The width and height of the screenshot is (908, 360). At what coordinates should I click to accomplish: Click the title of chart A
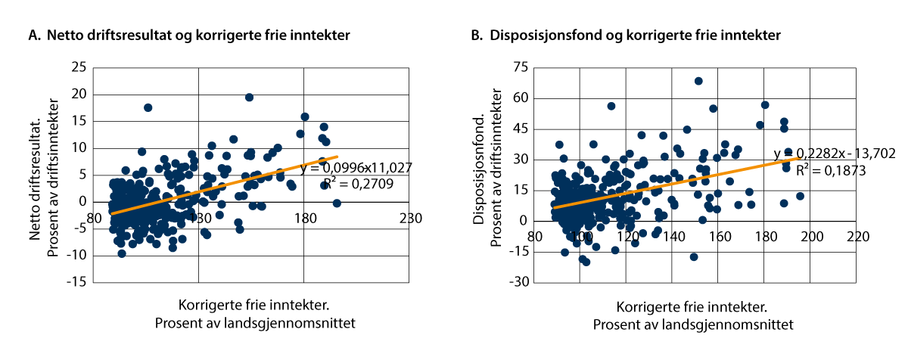pos(190,35)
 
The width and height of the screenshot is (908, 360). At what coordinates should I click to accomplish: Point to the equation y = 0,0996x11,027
pos(356,168)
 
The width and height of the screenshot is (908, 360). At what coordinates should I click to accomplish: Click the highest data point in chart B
pos(698,81)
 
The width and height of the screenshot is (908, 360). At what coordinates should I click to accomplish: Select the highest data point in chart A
pos(249,98)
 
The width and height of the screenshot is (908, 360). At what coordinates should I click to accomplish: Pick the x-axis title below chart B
pos(692,316)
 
